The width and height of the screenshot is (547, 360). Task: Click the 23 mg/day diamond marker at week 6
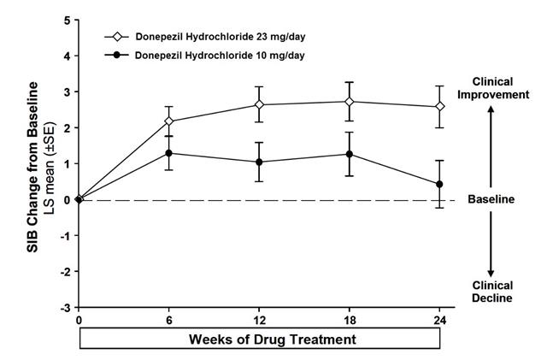coord(169,121)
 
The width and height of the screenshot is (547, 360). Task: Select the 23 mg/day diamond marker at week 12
coord(259,104)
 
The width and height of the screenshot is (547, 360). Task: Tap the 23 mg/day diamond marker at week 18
coord(349,102)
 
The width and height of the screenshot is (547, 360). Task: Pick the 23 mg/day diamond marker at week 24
coord(439,107)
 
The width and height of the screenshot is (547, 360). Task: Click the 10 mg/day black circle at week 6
coord(169,153)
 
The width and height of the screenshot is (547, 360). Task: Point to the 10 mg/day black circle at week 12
coord(259,162)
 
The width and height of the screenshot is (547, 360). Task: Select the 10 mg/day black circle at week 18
coord(349,154)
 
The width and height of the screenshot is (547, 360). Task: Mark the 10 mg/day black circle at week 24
coord(439,184)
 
